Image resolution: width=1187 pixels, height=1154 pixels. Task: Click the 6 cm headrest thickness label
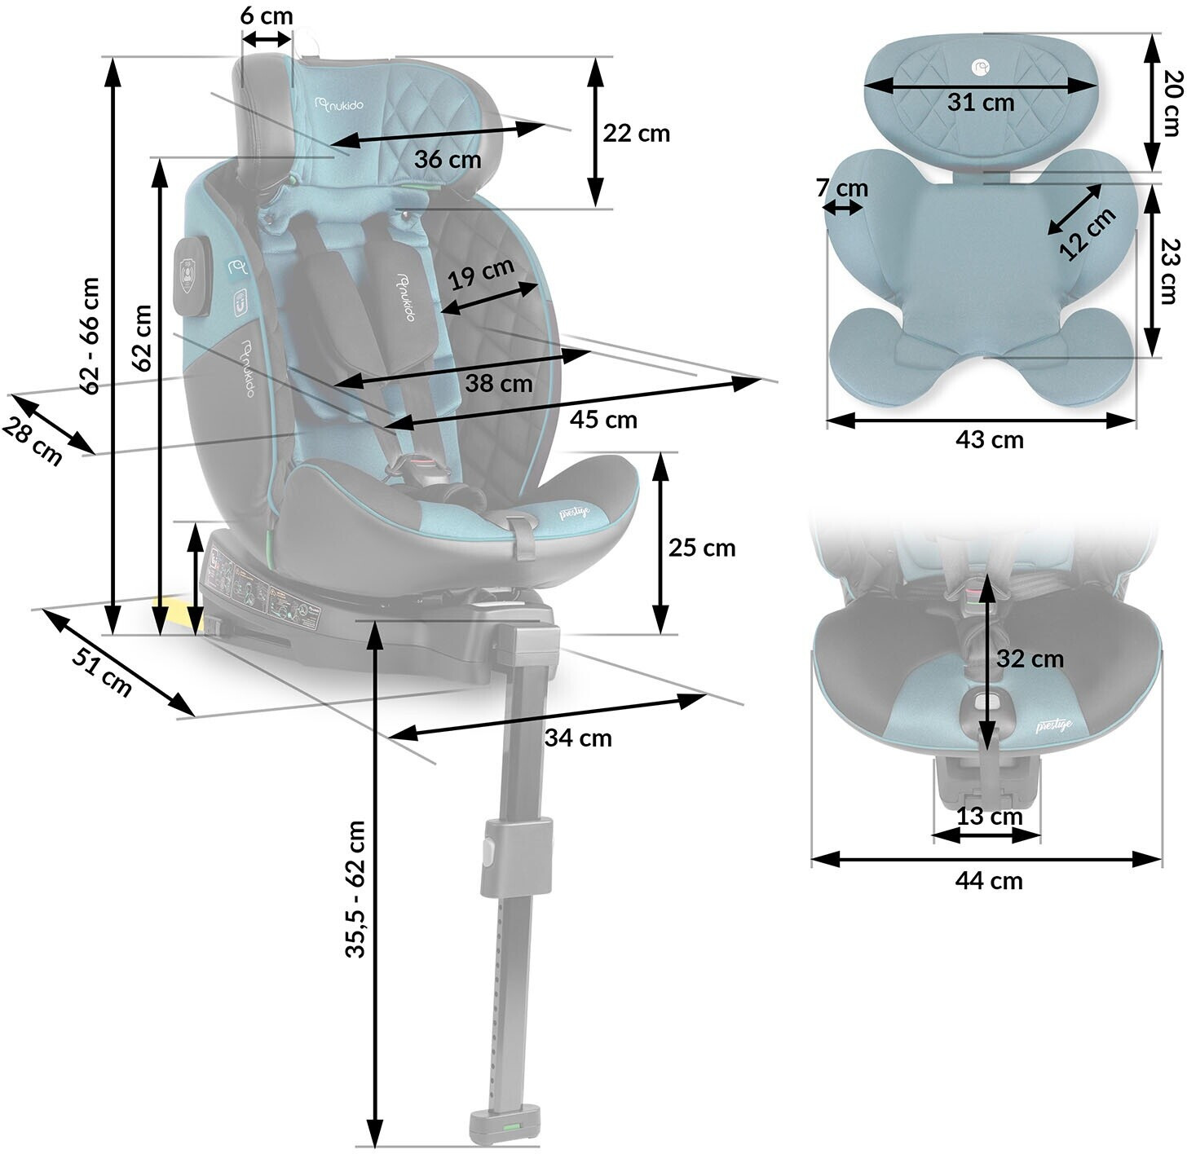[267, 16]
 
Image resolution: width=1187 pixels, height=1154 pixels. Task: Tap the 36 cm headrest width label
[447, 159]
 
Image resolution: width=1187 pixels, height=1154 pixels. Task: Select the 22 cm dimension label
[636, 133]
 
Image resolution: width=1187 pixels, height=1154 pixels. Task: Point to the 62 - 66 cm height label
[90, 335]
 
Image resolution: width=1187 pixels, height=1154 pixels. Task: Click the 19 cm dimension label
[482, 275]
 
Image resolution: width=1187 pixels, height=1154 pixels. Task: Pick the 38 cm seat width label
[498, 383]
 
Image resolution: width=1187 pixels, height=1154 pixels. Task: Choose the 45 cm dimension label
[603, 420]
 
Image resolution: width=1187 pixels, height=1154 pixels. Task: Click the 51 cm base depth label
[102, 672]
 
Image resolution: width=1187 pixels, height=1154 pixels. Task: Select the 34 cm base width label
[577, 738]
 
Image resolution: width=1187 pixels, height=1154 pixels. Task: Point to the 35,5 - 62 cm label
[356, 888]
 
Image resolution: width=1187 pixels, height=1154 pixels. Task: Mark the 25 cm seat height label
[701, 548]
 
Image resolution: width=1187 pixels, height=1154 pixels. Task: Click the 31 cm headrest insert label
[980, 103]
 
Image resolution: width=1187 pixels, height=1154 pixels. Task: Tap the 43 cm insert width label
[988, 440]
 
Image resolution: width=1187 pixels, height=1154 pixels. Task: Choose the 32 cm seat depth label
[1030, 658]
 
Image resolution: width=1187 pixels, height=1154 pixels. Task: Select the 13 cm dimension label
[989, 816]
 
